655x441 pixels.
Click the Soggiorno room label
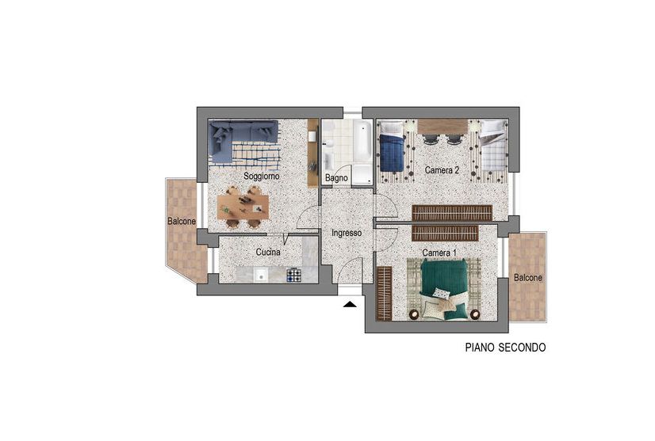pos(262,176)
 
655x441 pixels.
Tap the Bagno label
pos(336,177)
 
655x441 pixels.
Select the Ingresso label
pos(347,233)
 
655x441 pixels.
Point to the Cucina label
pos(268,252)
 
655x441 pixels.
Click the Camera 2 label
pos(442,170)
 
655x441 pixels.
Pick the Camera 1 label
pos(439,253)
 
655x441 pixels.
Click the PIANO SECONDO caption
pos(505,347)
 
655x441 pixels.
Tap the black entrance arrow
pos(350,305)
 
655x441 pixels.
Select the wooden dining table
pos(243,207)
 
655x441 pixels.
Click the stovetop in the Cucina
pos(294,275)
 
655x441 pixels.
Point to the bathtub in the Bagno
pos(362,141)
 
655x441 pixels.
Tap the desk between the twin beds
pos(442,127)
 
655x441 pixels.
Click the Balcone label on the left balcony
pos(182,221)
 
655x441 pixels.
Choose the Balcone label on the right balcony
pos(528,277)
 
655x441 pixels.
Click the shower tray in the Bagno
pos(362,174)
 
